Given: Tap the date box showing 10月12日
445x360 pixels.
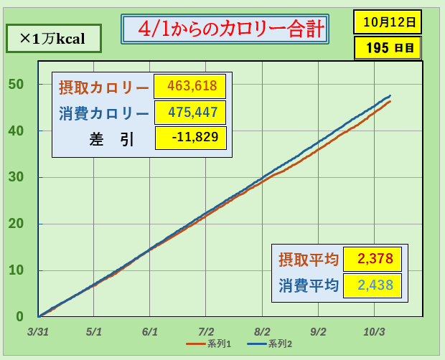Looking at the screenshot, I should click(388, 22).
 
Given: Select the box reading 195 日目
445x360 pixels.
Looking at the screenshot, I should click(388, 49).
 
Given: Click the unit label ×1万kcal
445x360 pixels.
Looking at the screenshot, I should click(53, 39).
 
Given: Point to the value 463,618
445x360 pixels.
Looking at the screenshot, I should click(190, 87).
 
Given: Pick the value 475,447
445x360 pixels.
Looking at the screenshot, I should click(190, 113).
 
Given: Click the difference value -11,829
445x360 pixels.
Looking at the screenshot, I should click(190, 138).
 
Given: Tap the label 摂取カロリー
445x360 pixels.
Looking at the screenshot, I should click(104, 87).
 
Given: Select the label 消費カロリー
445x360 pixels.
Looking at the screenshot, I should click(104, 113).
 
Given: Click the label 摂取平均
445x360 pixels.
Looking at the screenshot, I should click(309, 259).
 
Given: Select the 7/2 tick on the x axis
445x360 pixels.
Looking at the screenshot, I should click(205, 333).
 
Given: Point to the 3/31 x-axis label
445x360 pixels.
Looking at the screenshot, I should click(38, 333).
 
